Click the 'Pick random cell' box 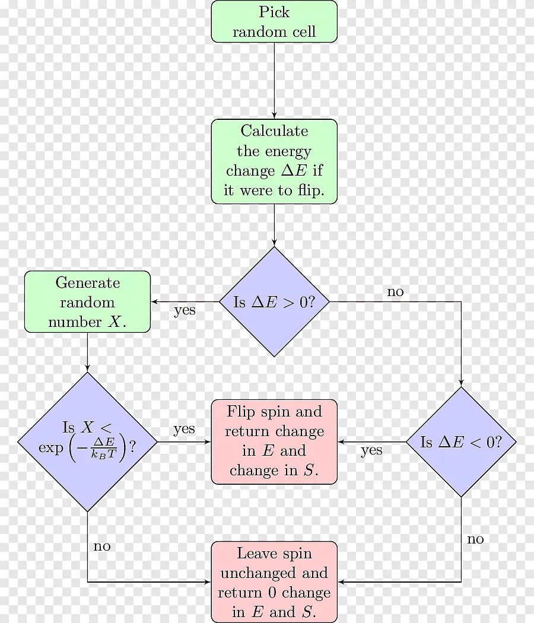pyautogui.click(x=274, y=21)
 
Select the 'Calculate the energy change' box pyautogui.click(x=274, y=161)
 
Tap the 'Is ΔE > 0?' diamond pyautogui.click(x=274, y=301)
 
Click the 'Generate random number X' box pyautogui.click(x=87, y=301)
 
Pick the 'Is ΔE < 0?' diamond pyautogui.click(x=461, y=442)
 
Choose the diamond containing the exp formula pyautogui.click(x=87, y=442)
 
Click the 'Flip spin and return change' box pyautogui.click(x=274, y=441)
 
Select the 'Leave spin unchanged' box pyautogui.click(x=274, y=581)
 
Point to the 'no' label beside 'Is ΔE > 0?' pyautogui.click(x=395, y=291)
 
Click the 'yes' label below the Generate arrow pyautogui.click(x=185, y=310)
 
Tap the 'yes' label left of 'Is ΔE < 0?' pyautogui.click(x=371, y=451)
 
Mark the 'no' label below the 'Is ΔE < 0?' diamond pyautogui.click(x=475, y=539)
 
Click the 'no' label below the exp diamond pyautogui.click(x=102, y=546)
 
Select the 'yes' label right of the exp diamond pyautogui.click(x=184, y=429)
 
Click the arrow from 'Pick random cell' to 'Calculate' pyautogui.click(x=274, y=80)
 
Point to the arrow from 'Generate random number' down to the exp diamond pyautogui.click(x=87, y=352)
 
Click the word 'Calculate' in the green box pyautogui.click(x=274, y=131)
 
